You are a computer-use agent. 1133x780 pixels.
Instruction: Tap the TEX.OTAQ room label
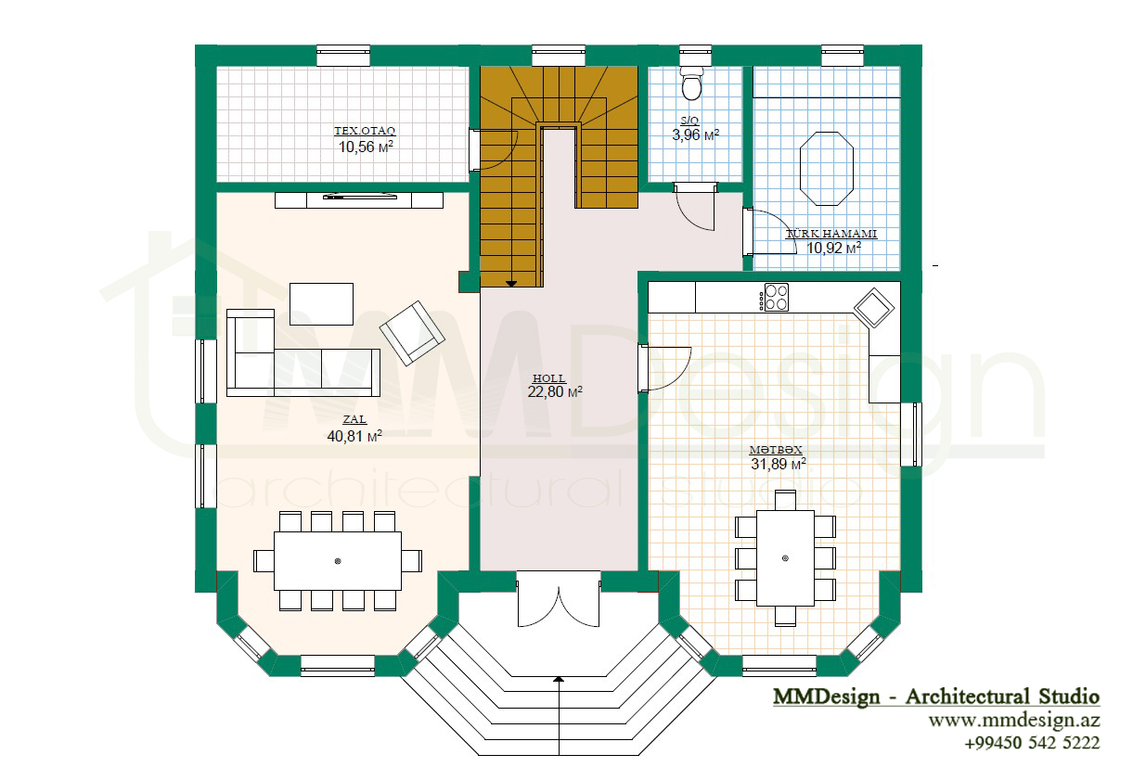(365, 131)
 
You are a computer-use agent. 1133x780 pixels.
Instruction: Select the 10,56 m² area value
(366, 147)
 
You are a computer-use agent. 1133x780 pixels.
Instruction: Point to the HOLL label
(548, 378)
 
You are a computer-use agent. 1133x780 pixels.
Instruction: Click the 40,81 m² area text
(354, 436)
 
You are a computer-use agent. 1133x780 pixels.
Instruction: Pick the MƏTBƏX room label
(776, 450)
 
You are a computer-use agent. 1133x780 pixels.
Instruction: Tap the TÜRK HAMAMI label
(831, 234)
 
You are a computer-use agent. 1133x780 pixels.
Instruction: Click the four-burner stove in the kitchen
(776, 297)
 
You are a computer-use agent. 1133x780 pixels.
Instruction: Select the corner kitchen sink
(873, 308)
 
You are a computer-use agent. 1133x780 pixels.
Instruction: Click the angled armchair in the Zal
(412, 333)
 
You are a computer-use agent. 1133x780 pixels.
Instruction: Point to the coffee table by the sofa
(321, 304)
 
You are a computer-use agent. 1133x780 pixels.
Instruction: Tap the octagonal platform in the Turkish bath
(827, 168)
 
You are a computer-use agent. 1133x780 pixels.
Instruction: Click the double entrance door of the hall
(559, 600)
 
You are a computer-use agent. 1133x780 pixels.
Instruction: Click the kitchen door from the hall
(664, 368)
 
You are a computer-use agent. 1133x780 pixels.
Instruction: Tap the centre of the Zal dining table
(338, 561)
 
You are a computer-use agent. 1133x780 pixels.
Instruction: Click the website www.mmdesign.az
(1013, 720)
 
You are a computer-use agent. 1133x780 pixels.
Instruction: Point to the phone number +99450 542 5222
(1032, 743)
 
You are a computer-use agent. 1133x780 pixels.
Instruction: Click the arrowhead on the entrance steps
(559, 679)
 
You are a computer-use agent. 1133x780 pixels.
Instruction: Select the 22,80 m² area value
(555, 391)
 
